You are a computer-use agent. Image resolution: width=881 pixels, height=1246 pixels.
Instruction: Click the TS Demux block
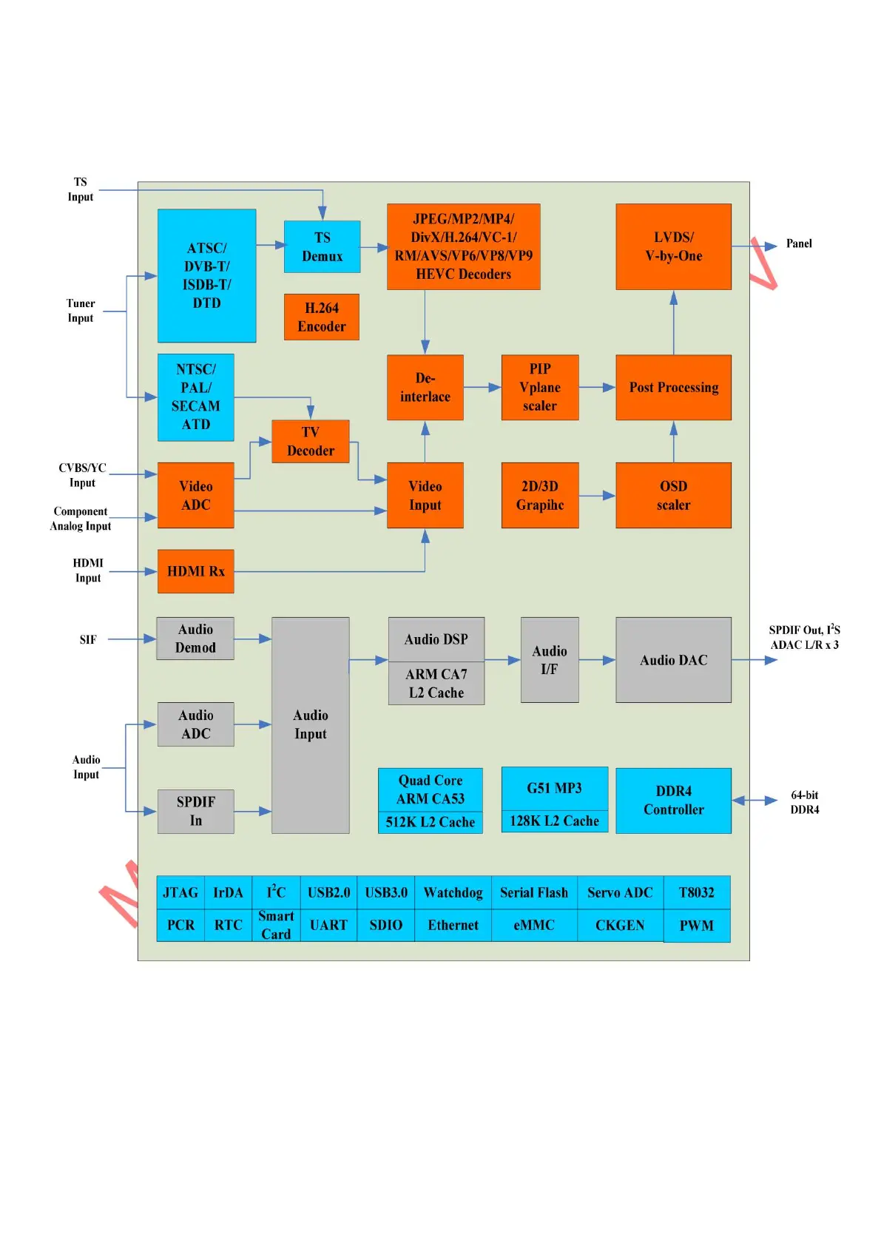point(322,246)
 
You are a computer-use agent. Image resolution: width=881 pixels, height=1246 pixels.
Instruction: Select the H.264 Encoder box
point(321,317)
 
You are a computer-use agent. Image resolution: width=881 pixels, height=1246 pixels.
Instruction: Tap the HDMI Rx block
point(195,571)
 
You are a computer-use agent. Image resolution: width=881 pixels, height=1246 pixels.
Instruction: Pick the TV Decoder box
point(310,442)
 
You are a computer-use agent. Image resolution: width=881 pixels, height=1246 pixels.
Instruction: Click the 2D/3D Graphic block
point(539,496)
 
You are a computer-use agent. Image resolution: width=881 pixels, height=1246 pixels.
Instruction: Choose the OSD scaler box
point(673,496)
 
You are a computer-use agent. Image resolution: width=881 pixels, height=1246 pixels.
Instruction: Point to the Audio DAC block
point(673,660)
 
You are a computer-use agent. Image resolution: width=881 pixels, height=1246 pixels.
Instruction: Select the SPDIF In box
point(195,812)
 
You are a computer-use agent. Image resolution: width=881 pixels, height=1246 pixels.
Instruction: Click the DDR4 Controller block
point(673,801)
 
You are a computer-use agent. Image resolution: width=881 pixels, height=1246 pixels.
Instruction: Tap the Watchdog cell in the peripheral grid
point(453,892)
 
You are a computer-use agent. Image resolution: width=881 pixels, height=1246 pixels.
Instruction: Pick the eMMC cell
point(533,926)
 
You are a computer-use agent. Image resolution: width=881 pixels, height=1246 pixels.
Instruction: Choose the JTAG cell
point(180,892)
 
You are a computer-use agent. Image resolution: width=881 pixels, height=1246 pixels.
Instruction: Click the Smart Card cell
point(276,926)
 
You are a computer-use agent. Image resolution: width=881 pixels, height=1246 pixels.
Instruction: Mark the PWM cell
point(696,926)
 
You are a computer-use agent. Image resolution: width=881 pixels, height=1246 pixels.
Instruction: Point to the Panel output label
point(798,243)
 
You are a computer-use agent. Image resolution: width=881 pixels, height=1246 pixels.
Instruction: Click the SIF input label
point(88,639)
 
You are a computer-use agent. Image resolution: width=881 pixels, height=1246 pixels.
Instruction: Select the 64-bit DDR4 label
point(804,802)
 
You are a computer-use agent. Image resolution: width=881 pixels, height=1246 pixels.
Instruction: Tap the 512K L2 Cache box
point(430,822)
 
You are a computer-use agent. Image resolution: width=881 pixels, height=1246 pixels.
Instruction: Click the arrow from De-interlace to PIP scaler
point(482,387)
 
